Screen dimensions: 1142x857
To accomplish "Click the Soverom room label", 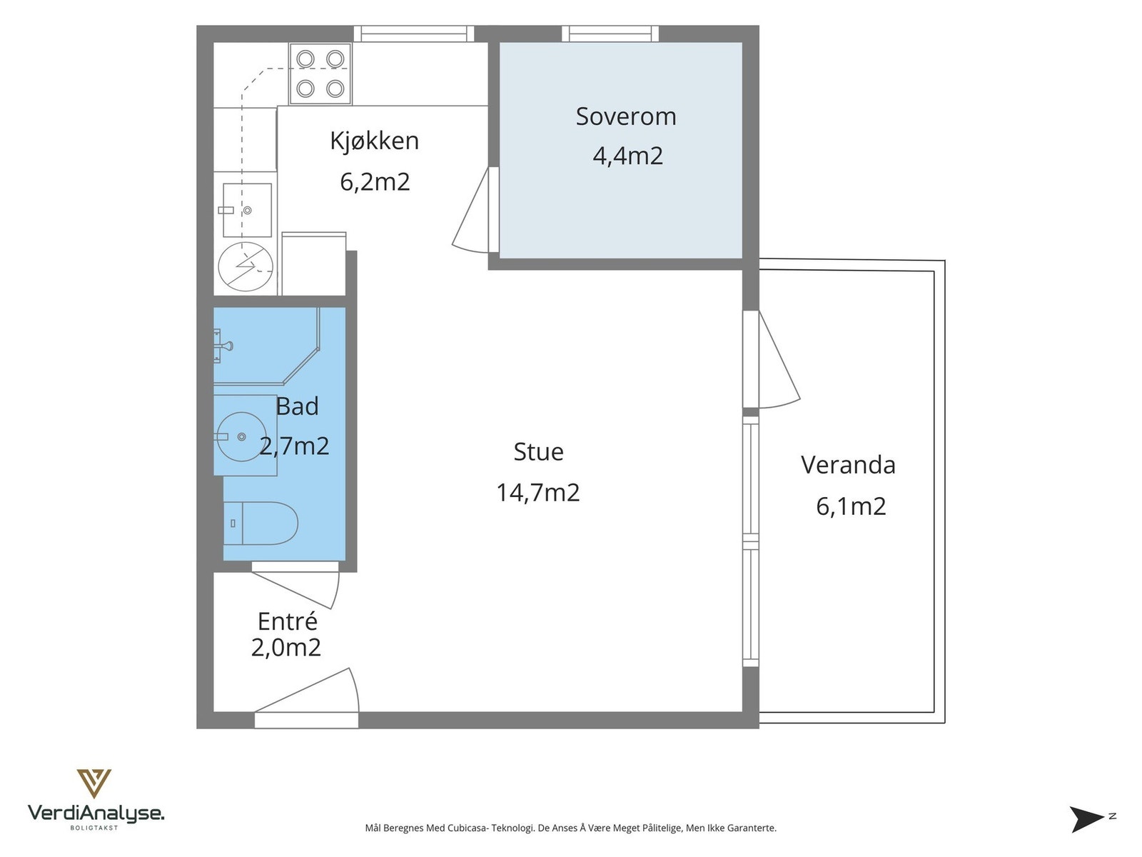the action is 625,116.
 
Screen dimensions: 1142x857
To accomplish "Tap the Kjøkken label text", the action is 374,141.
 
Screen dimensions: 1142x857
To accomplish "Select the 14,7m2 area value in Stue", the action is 538,492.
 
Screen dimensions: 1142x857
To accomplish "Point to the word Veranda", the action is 848,465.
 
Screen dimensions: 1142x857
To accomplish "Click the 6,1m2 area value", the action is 851,506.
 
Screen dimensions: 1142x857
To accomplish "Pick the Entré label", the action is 287,621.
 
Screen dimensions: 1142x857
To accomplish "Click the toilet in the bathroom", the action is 261,523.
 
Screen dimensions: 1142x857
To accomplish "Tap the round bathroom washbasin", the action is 243,436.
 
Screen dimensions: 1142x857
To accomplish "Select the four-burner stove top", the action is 320,74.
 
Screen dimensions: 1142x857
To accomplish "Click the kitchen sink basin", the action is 247,210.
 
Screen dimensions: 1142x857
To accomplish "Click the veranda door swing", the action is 779,359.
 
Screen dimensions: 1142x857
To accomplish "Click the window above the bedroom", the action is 610,34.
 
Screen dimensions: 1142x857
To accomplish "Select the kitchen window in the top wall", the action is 414,34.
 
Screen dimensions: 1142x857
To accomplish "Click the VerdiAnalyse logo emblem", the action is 94,783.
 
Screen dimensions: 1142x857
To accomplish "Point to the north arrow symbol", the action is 1086,819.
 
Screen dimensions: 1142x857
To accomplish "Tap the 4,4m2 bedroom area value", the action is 628,156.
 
